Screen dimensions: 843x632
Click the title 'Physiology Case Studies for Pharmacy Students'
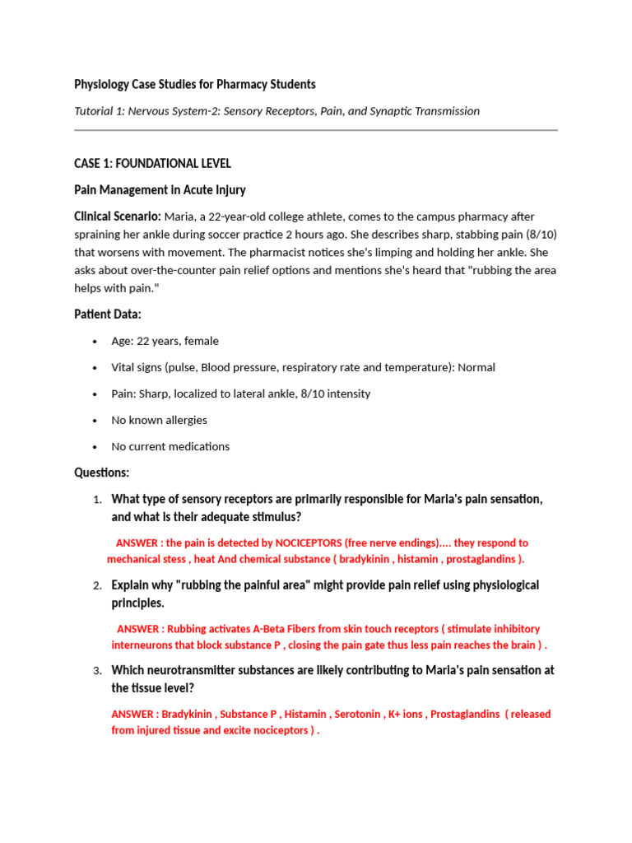tap(194, 84)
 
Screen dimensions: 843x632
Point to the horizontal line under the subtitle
tap(315, 130)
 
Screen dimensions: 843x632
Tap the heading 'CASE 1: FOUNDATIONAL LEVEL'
tap(152, 164)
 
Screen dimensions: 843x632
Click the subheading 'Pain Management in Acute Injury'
tap(160, 190)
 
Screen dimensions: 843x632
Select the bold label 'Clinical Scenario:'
tap(118, 217)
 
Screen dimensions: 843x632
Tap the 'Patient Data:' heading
tap(108, 314)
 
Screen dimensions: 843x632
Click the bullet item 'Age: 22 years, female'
tap(165, 341)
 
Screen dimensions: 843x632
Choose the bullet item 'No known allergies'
tap(159, 420)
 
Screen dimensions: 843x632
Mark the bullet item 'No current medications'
tap(170, 446)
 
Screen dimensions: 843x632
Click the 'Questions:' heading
tap(101, 473)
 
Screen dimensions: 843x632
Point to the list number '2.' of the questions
tap(97, 585)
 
